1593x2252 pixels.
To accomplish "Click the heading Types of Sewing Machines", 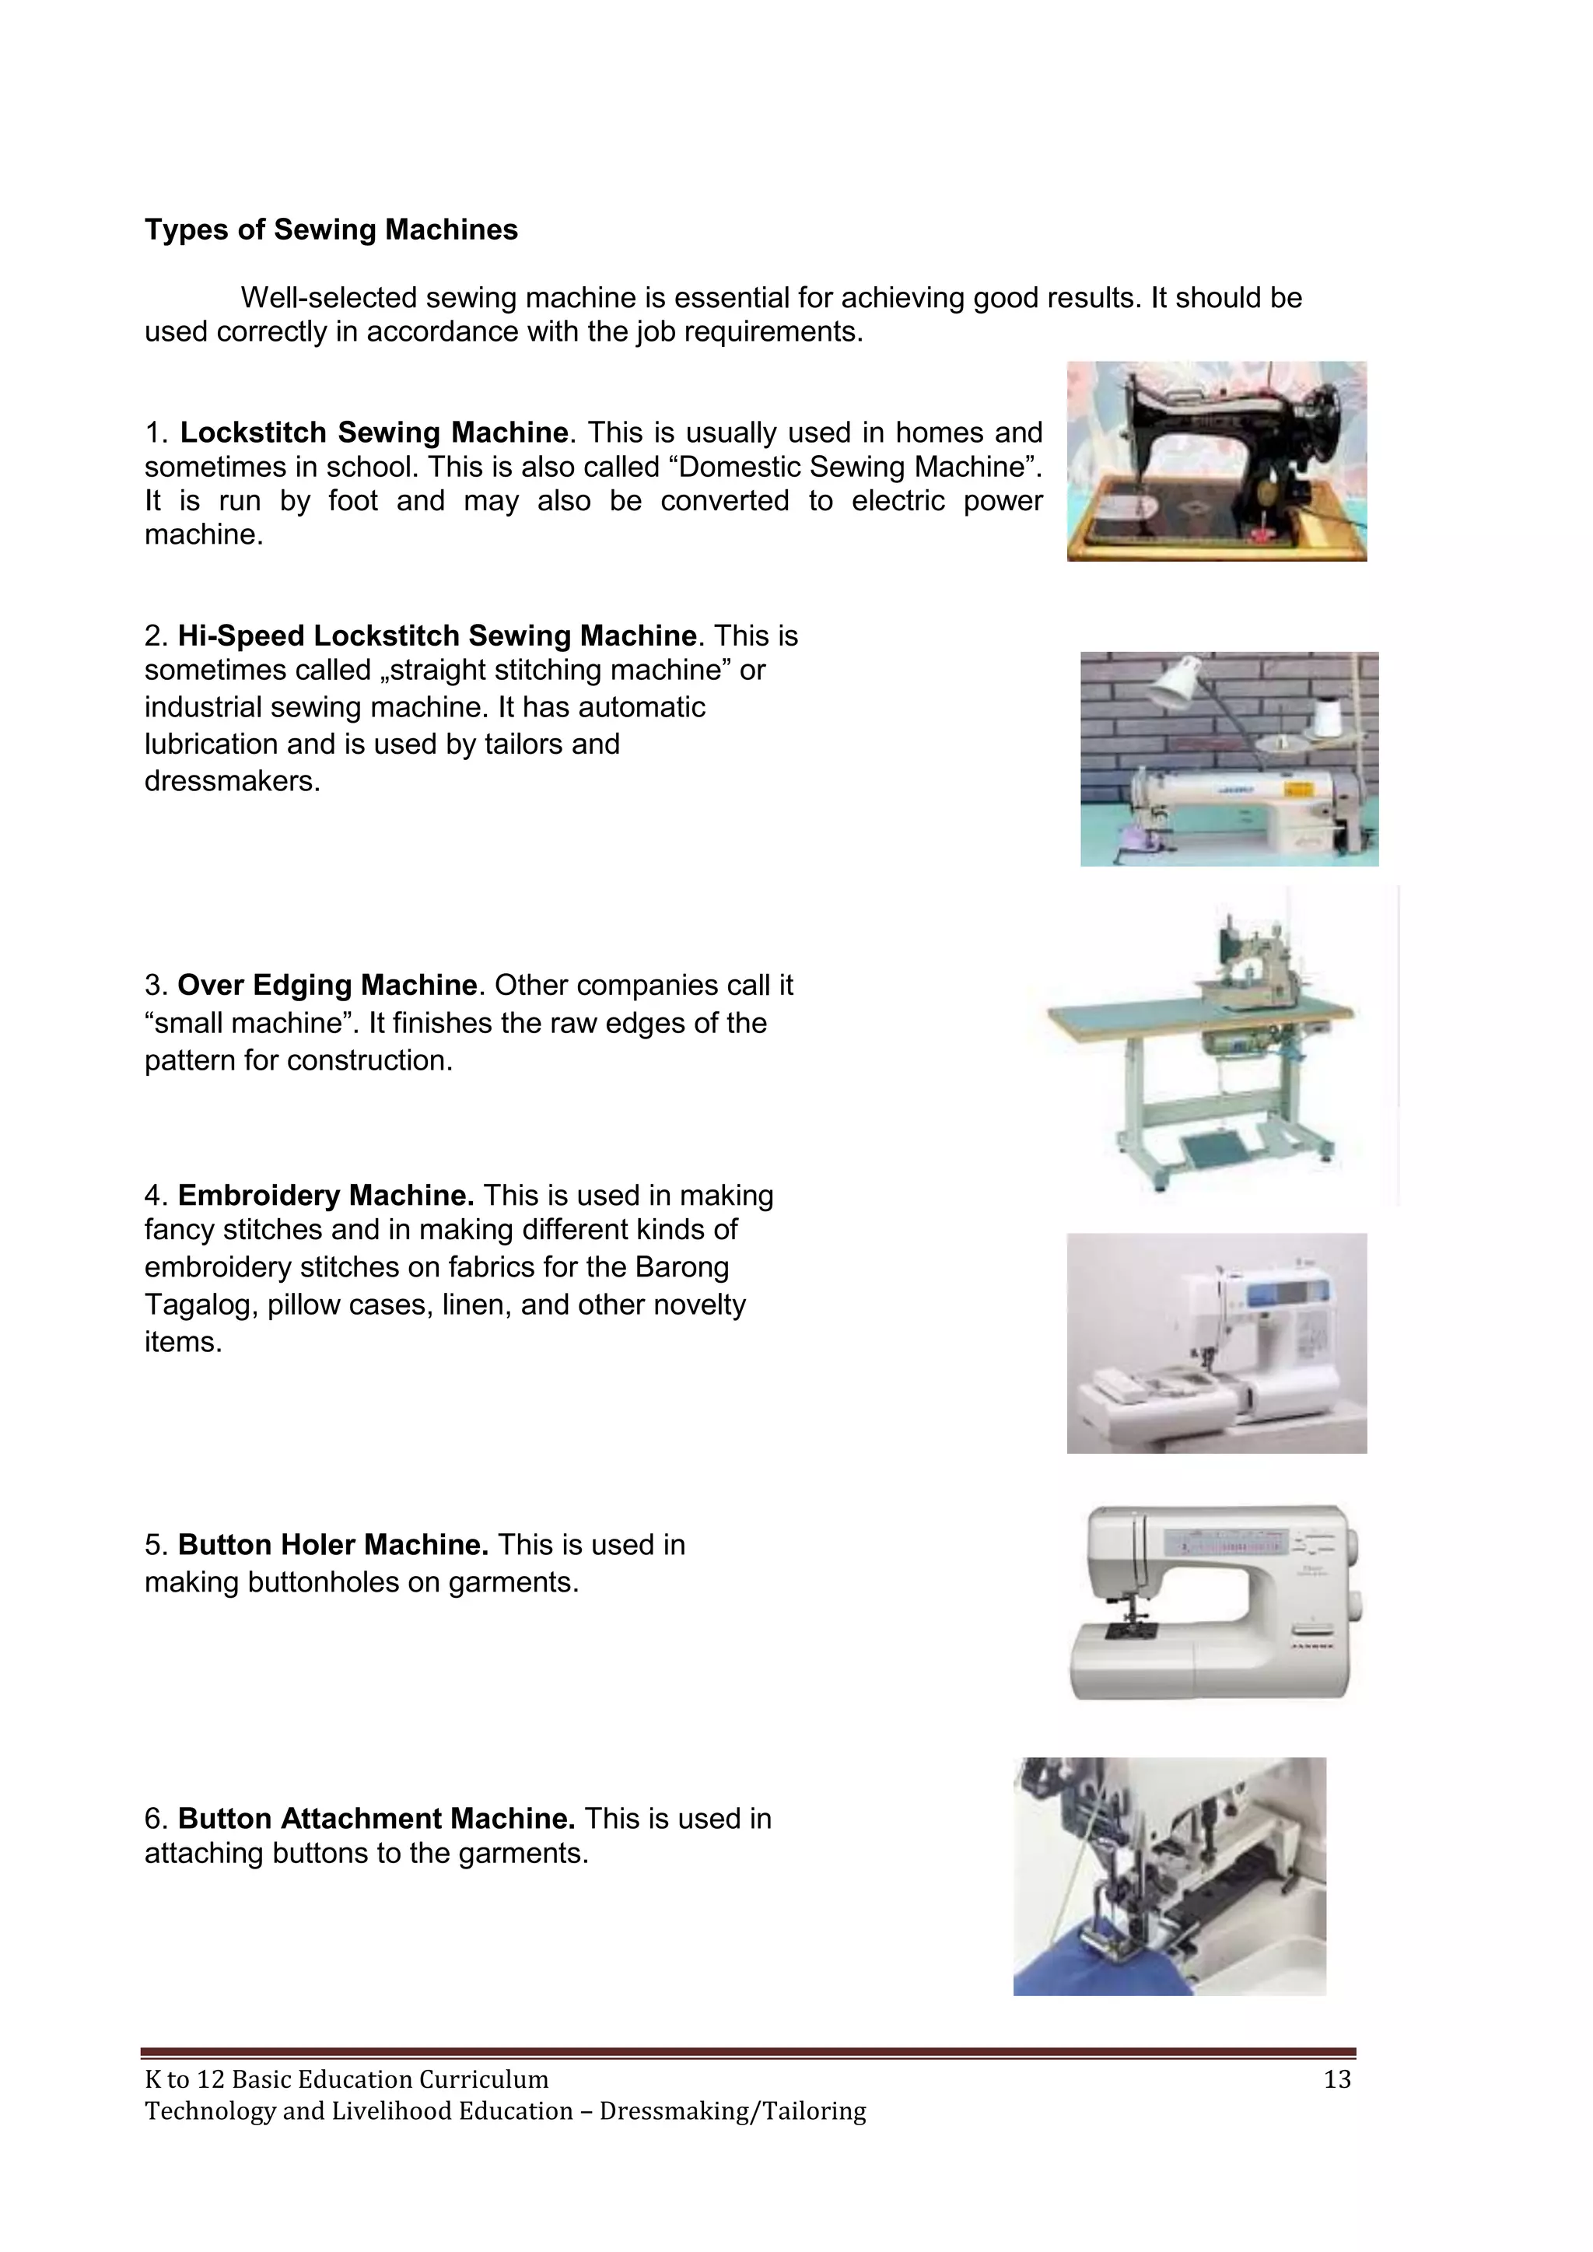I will coord(331,229).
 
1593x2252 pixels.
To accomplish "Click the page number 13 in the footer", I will coord(1337,2079).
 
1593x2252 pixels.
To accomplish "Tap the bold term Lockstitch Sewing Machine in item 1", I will coord(373,433).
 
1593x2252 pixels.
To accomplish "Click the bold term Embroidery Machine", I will coord(326,1196).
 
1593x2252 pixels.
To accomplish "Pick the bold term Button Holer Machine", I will coord(333,1545).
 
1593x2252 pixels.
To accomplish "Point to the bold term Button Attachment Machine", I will coord(376,1819).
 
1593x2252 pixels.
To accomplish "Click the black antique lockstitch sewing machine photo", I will coord(1217,461).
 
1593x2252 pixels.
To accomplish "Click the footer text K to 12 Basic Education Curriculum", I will coord(346,2079).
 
